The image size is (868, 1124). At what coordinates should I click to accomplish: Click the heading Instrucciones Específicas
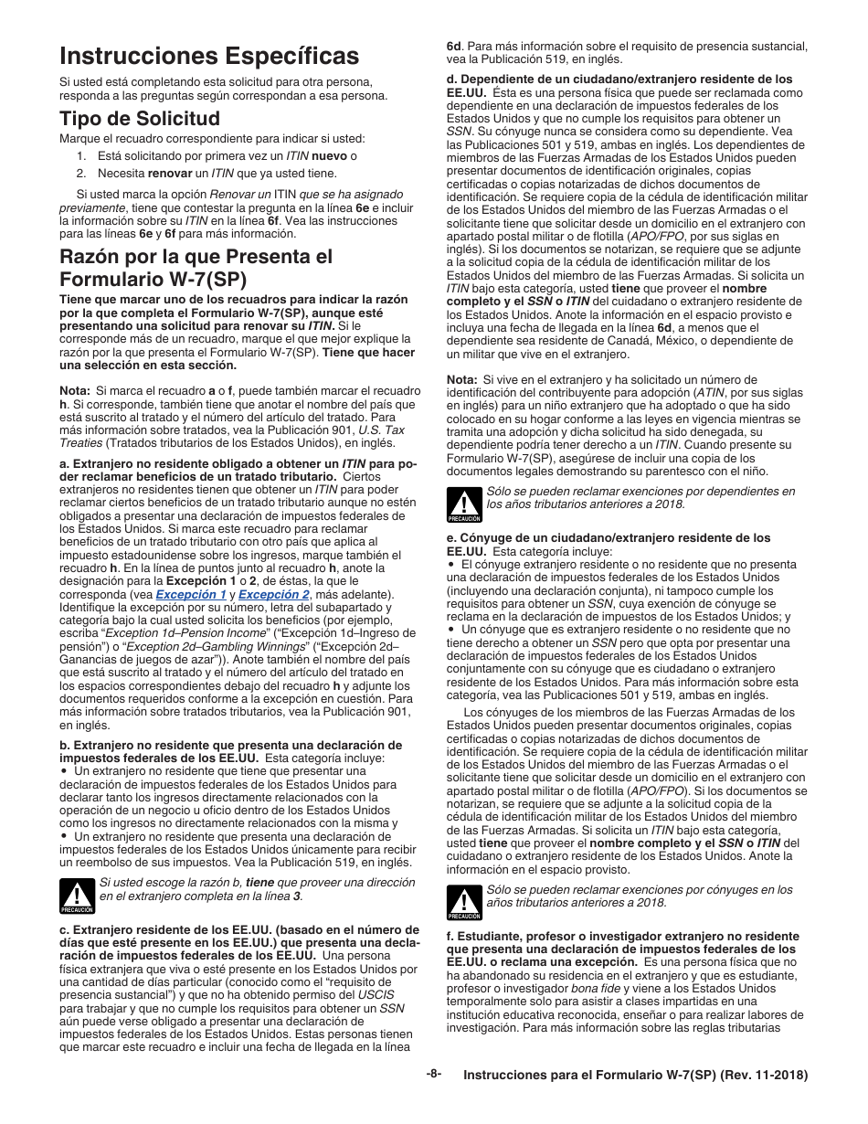pos(209,57)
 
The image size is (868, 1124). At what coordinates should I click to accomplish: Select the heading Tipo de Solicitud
pos(140,119)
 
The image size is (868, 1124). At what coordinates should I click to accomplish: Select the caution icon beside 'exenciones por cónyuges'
pos(464,902)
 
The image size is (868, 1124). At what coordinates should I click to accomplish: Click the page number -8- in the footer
pos(433,1074)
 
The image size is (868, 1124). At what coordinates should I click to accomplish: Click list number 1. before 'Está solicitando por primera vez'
pos(81,155)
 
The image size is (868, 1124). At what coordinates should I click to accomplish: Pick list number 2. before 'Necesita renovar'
pos(81,172)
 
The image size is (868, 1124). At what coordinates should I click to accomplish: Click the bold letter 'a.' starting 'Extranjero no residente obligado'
pos(64,464)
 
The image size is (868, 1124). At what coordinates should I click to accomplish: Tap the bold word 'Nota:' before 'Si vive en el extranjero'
pos(462,379)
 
